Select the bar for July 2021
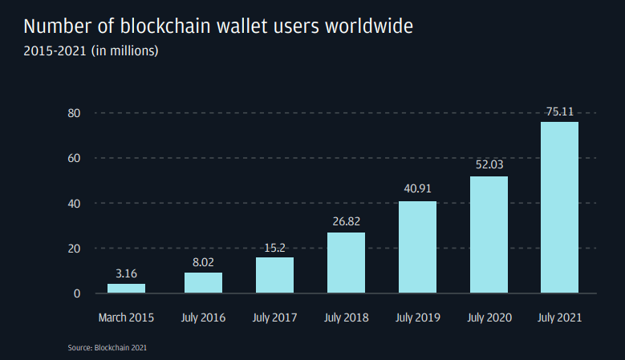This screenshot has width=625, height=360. pos(559,207)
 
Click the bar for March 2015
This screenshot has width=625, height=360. pos(127,288)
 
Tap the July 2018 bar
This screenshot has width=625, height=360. pos(346,262)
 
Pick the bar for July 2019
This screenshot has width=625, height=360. pos(417,246)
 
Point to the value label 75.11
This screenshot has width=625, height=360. pos(559,112)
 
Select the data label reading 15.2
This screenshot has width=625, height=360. pos(274,248)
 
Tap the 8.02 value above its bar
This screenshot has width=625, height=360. pos(203,262)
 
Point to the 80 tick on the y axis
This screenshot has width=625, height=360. pos(74,113)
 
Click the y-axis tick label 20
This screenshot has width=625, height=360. pos(74,249)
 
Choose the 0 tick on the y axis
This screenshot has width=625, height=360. pos(77,293)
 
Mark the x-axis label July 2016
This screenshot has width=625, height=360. pos(203,318)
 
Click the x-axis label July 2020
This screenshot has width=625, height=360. pos(489,318)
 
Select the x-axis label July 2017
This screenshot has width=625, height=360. pos(274,318)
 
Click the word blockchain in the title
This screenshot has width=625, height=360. pos(164,26)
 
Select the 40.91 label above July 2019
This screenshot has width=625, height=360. pos(417,190)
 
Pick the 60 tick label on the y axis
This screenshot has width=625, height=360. pos(74,158)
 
